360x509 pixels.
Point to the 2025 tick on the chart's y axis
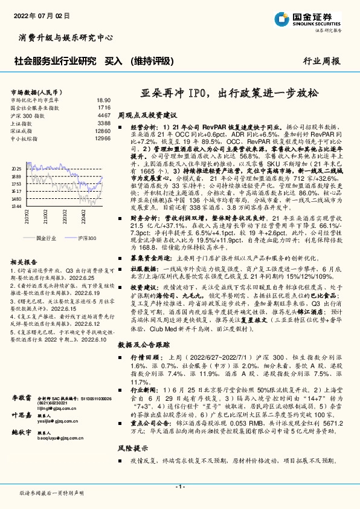(16, 169)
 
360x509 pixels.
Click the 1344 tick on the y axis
(16, 207)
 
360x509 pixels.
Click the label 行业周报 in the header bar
(321, 61)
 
